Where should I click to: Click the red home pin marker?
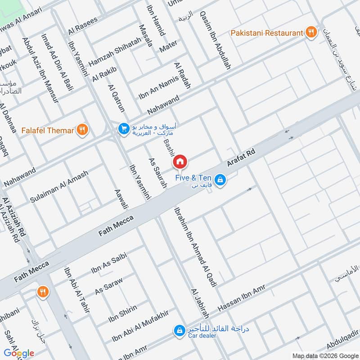[x=180, y=161]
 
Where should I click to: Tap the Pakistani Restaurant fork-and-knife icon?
[x=310, y=32]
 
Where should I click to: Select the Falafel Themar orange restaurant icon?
[x=82, y=130]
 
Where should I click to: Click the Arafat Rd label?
[x=241, y=158]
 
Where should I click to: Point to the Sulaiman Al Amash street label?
[x=59, y=186]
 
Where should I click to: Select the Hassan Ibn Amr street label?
[x=241, y=298]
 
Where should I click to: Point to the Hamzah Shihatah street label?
[x=115, y=56]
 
